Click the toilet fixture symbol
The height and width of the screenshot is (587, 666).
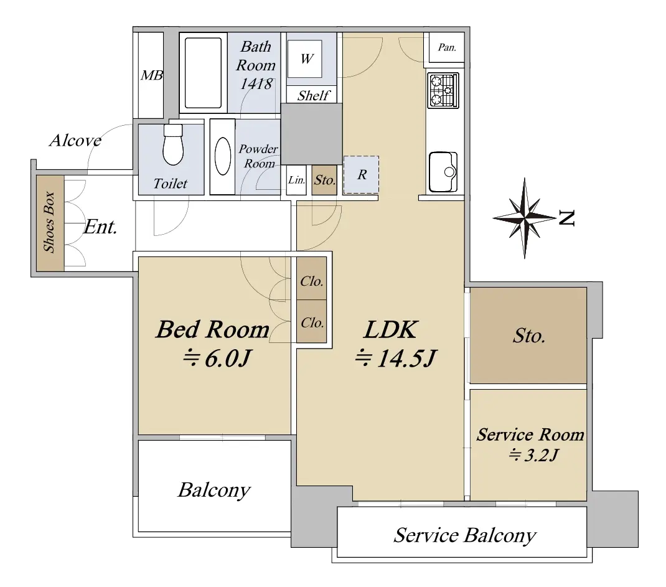click(173, 144)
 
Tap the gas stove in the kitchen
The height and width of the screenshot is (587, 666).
click(443, 90)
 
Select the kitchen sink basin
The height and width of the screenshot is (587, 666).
click(443, 172)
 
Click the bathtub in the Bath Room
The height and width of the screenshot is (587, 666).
click(203, 73)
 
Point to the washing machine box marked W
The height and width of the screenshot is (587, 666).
click(304, 59)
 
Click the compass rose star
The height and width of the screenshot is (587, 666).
click(525, 218)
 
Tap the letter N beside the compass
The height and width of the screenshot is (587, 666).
click(566, 218)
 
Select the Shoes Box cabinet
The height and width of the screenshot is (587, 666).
click(50, 223)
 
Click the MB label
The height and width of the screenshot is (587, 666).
click(152, 75)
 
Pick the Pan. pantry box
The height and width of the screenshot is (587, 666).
click(446, 47)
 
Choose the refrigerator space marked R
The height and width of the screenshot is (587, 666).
click(361, 174)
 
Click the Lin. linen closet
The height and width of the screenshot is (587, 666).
click(296, 180)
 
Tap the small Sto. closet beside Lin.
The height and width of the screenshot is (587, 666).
click(324, 180)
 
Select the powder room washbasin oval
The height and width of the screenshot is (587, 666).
click(223, 156)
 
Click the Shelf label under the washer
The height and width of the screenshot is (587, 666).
click(314, 96)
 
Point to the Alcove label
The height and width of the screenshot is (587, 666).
click(75, 140)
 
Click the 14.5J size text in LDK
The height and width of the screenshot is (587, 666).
click(395, 359)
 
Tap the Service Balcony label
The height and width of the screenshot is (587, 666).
click(465, 535)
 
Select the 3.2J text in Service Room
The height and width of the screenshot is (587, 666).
click(533, 455)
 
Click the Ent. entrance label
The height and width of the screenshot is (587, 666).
click(100, 227)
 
